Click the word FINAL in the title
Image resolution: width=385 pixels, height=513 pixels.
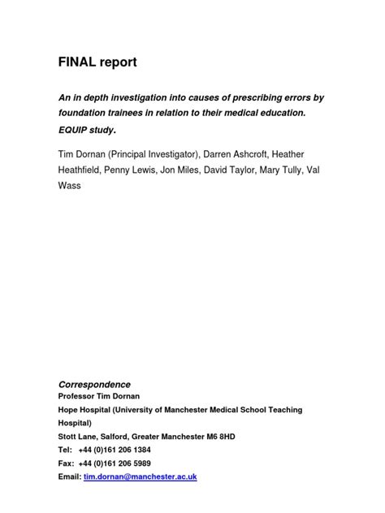tap(77, 62)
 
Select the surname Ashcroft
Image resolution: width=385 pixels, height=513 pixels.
tap(262, 153)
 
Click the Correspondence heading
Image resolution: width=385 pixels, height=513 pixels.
tap(94, 384)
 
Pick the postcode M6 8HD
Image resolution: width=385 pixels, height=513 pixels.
tap(218, 436)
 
